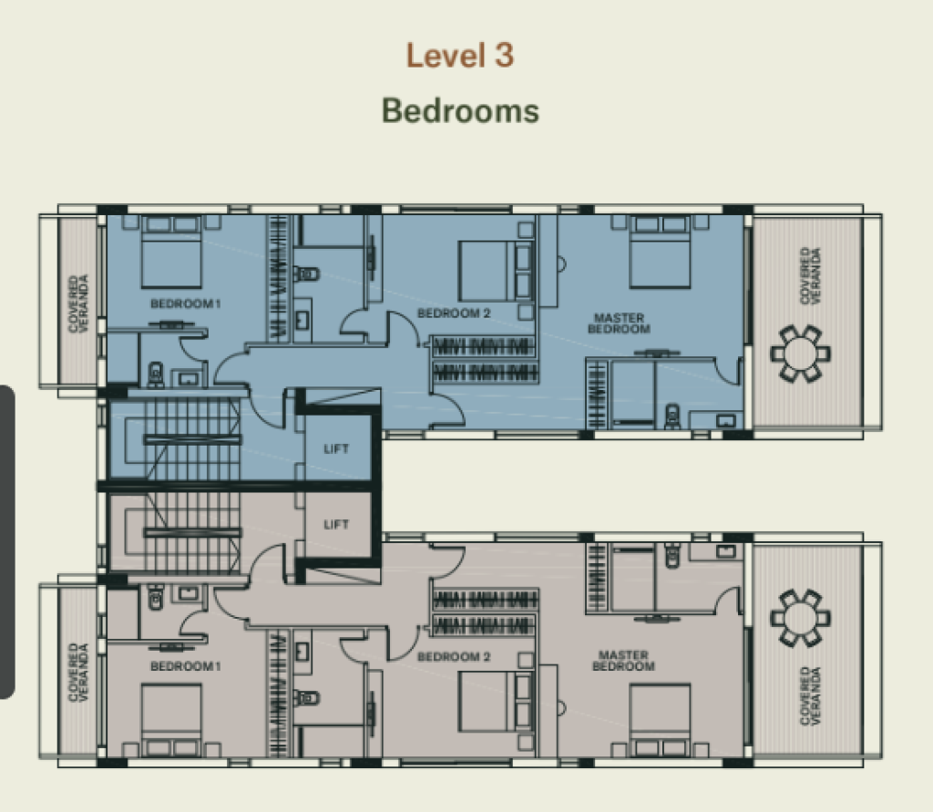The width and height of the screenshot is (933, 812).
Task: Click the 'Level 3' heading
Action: tap(460, 56)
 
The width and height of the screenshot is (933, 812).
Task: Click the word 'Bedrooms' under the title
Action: tap(460, 111)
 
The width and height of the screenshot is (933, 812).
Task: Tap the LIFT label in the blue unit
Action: tap(336, 449)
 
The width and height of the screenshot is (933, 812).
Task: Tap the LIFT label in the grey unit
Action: tap(336, 524)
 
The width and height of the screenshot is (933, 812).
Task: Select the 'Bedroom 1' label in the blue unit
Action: tap(186, 303)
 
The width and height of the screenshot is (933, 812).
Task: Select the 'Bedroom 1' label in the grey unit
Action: tap(186, 666)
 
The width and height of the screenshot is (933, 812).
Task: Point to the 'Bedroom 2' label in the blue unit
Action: tap(454, 313)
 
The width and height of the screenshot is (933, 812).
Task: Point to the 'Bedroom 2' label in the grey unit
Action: tap(454, 657)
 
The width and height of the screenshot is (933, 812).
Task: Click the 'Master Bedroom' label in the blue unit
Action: tap(619, 324)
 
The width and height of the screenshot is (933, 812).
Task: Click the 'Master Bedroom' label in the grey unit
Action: tap(623, 660)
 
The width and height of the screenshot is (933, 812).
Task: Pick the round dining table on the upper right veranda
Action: tap(800, 353)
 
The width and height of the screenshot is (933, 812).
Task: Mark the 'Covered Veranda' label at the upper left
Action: tap(78, 303)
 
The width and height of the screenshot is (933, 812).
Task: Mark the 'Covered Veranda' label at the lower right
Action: tap(810, 696)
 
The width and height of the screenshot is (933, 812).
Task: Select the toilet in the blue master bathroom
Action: tap(672, 416)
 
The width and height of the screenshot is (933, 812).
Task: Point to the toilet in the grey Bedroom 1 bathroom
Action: tap(155, 597)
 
